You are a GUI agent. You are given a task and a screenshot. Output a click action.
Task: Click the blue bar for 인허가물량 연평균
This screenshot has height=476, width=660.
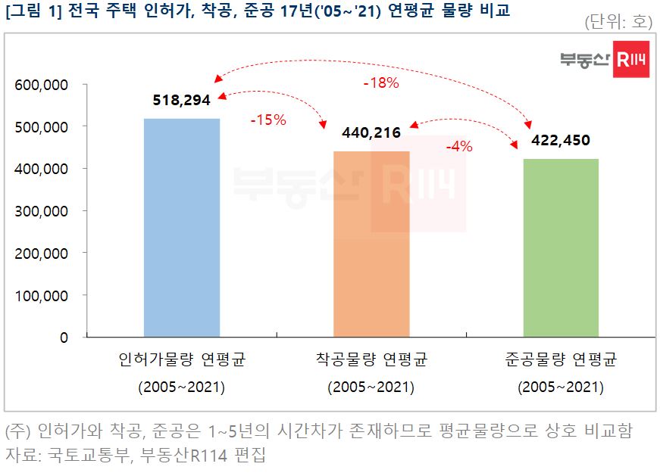coord(182,227)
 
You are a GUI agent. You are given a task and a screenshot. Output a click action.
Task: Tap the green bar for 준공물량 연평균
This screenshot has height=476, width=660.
coord(561,247)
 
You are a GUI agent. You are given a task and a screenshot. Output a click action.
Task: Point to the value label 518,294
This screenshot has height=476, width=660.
coord(182,100)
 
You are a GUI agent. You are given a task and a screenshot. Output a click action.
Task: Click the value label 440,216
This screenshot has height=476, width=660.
coord(371,133)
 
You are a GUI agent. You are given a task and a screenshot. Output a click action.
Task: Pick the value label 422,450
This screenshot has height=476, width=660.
coord(561,140)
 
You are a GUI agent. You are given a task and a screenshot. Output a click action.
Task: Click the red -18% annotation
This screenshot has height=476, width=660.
coord(380,83)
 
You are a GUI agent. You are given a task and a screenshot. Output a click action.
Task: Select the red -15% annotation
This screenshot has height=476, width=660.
coord(267,120)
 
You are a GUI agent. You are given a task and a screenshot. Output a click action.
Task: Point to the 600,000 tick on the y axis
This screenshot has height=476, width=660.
coord(42,85)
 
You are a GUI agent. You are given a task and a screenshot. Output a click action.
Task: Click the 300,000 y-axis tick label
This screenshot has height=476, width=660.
coord(42,211)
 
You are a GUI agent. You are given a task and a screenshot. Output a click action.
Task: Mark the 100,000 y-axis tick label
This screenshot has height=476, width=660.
coord(42,295)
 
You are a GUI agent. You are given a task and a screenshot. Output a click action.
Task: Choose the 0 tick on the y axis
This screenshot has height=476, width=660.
coord(64,338)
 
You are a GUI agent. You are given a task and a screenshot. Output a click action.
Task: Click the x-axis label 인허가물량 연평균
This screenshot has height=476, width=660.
coord(182,359)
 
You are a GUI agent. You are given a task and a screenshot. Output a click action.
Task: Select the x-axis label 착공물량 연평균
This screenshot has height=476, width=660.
coord(371,359)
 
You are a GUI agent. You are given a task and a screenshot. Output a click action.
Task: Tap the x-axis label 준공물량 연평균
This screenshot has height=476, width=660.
coord(561,359)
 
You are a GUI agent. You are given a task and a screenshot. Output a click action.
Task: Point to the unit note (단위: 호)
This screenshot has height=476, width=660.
coord(618,22)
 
